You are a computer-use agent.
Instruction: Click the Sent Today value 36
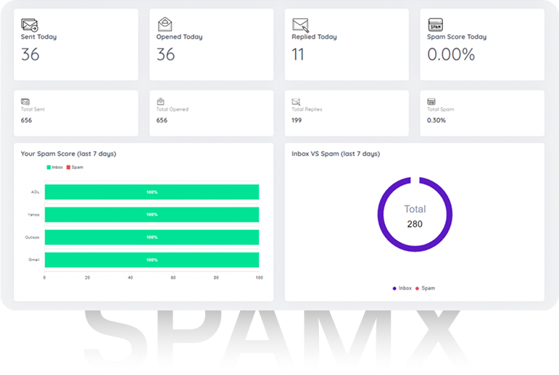click(x=30, y=54)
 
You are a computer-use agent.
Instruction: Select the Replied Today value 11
click(x=298, y=54)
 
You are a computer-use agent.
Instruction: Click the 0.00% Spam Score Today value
click(x=451, y=54)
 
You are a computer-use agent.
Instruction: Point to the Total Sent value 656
click(x=27, y=120)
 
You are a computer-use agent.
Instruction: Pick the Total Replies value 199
click(x=297, y=120)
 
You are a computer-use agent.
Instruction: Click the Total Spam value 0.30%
click(x=436, y=120)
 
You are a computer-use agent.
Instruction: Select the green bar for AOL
click(x=152, y=192)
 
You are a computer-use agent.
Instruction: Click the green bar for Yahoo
click(x=152, y=215)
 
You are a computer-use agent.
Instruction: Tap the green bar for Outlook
click(x=152, y=237)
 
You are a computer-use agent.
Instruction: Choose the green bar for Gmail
click(x=152, y=260)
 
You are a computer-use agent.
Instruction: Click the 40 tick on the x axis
click(x=131, y=278)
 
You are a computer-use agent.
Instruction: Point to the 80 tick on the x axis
click(x=216, y=278)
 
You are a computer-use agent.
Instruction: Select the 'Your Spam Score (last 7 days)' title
click(x=68, y=154)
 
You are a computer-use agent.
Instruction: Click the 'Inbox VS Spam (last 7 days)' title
click(x=336, y=154)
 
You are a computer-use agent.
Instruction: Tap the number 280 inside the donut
click(x=415, y=224)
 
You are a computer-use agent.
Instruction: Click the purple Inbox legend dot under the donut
click(x=394, y=289)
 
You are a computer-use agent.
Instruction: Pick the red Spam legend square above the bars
click(x=68, y=168)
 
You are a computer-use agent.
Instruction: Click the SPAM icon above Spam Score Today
click(x=436, y=25)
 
